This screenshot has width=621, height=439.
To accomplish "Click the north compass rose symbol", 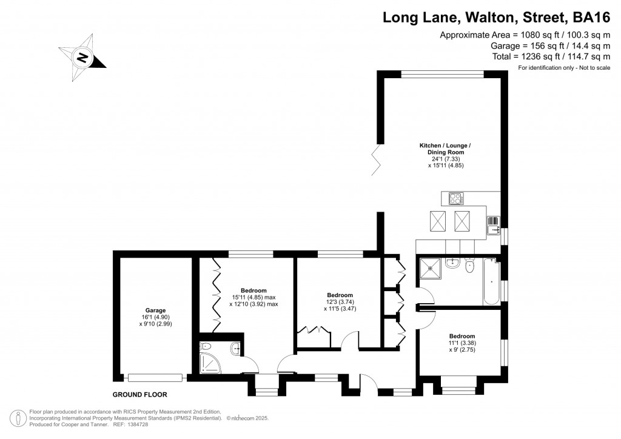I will [82, 58].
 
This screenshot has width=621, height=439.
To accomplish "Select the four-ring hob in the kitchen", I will [455, 198].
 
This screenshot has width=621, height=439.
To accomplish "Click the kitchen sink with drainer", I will [493, 225].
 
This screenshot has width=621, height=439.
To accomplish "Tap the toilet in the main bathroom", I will [469, 266].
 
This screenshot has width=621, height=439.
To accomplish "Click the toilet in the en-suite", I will [235, 348].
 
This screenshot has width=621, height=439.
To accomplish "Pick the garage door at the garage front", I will [155, 377].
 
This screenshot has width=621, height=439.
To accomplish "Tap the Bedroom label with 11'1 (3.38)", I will [462, 336].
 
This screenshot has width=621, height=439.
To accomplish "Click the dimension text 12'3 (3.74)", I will [337, 303].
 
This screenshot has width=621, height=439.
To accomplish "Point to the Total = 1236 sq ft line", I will [551, 56].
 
